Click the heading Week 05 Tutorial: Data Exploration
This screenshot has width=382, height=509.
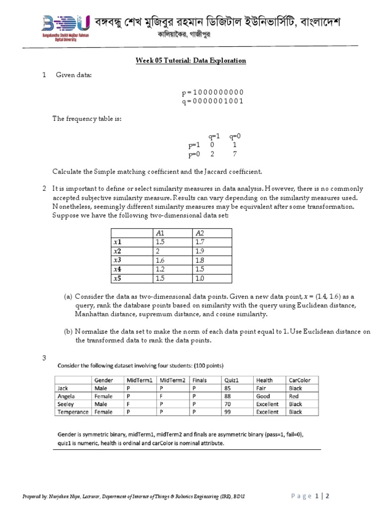pyautogui.click(x=191, y=61)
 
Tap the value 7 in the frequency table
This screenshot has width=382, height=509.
pyautogui.click(x=235, y=154)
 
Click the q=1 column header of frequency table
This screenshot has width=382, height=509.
pyautogui.click(x=214, y=136)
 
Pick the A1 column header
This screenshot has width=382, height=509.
pyautogui.click(x=160, y=233)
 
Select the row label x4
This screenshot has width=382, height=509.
pyautogui.click(x=117, y=269)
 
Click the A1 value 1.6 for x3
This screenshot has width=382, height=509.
pyautogui.click(x=160, y=260)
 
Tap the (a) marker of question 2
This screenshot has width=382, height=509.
pyautogui.click(x=68, y=296)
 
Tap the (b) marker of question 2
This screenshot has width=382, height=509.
pyautogui.click(x=68, y=332)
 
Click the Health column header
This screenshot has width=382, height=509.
pyautogui.click(x=264, y=380)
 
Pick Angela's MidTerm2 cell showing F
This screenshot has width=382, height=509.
pyautogui.click(x=161, y=396)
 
